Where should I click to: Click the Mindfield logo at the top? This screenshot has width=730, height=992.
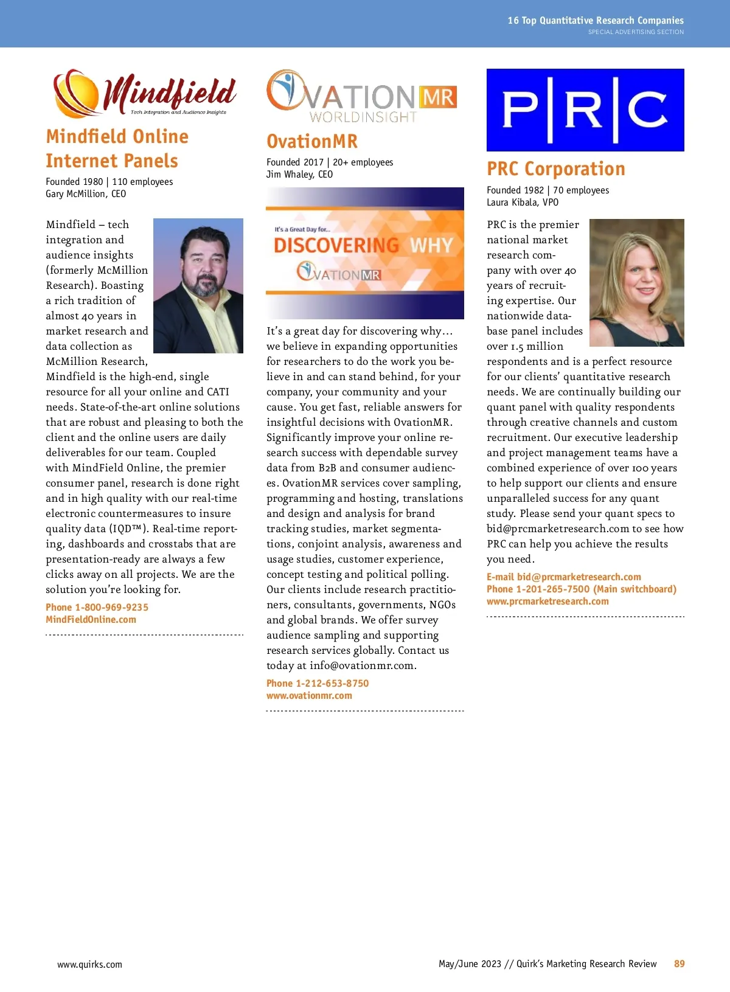pyautogui.click(x=145, y=93)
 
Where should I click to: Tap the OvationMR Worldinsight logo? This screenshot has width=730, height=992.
pyautogui.click(x=361, y=97)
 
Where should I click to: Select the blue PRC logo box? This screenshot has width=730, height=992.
pyautogui.click(x=585, y=110)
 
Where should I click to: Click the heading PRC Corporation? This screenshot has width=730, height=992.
pyautogui.click(x=555, y=168)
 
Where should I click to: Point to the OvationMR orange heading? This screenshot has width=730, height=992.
pyautogui.click(x=312, y=141)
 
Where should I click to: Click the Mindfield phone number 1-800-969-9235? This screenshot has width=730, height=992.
pyautogui.click(x=97, y=607)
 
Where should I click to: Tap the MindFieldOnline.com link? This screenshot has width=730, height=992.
pyautogui.click(x=91, y=619)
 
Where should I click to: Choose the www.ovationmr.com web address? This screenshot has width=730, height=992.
pyautogui.click(x=309, y=695)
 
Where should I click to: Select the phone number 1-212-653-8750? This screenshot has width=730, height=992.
pyautogui.click(x=318, y=683)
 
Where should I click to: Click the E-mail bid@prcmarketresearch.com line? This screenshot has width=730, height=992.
pyautogui.click(x=563, y=577)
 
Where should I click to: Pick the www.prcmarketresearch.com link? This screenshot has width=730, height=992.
pyautogui.click(x=547, y=601)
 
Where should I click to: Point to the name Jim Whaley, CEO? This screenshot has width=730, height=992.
pyautogui.click(x=299, y=174)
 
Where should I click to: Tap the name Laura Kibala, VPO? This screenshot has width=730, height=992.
pyautogui.click(x=522, y=202)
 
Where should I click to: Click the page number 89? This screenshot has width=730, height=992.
pyautogui.click(x=679, y=963)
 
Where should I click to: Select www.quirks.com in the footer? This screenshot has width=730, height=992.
pyautogui.click(x=89, y=964)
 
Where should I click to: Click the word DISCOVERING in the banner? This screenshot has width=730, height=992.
pyautogui.click(x=336, y=245)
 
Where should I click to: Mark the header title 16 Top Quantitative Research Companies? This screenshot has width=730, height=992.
pyautogui.click(x=596, y=20)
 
